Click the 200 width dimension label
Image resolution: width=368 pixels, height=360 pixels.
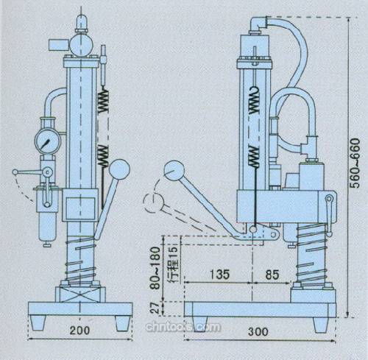pyautogui.click(x=79, y=330)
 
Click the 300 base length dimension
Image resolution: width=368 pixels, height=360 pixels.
pyautogui.click(x=258, y=331)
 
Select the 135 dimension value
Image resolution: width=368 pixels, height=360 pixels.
pyautogui.click(x=219, y=274)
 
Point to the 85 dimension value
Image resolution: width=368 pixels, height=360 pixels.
pyautogui.click(x=272, y=275)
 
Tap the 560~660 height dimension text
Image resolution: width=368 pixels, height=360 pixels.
pyautogui.click(x=355, y=163)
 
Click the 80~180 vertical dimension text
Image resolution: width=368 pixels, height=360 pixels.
pyautogui.click(x=155, y=268)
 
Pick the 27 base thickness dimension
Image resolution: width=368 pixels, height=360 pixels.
pyautogui.click(x=155, y=308)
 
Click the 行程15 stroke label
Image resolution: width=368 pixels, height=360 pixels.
pyautogui.click(x=174, y=264)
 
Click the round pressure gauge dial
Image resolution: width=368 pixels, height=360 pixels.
pyautogui.click(x=48, y=141)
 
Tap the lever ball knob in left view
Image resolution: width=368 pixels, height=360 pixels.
pyautogui.click(x=119, y=169)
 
